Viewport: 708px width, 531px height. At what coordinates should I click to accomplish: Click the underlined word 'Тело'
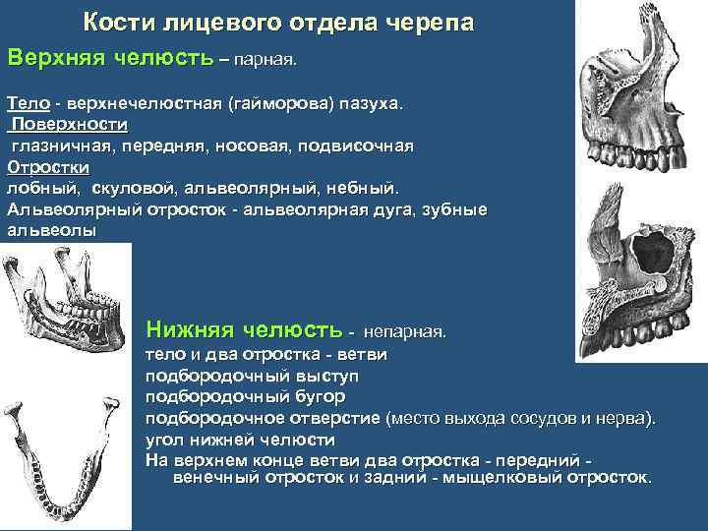pos(28,103)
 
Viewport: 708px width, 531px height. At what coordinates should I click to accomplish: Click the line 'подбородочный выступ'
pos(252,376)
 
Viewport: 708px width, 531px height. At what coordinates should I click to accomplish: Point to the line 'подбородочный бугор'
pos(245,396)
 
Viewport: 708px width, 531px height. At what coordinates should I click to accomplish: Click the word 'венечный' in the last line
pos(217,478)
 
